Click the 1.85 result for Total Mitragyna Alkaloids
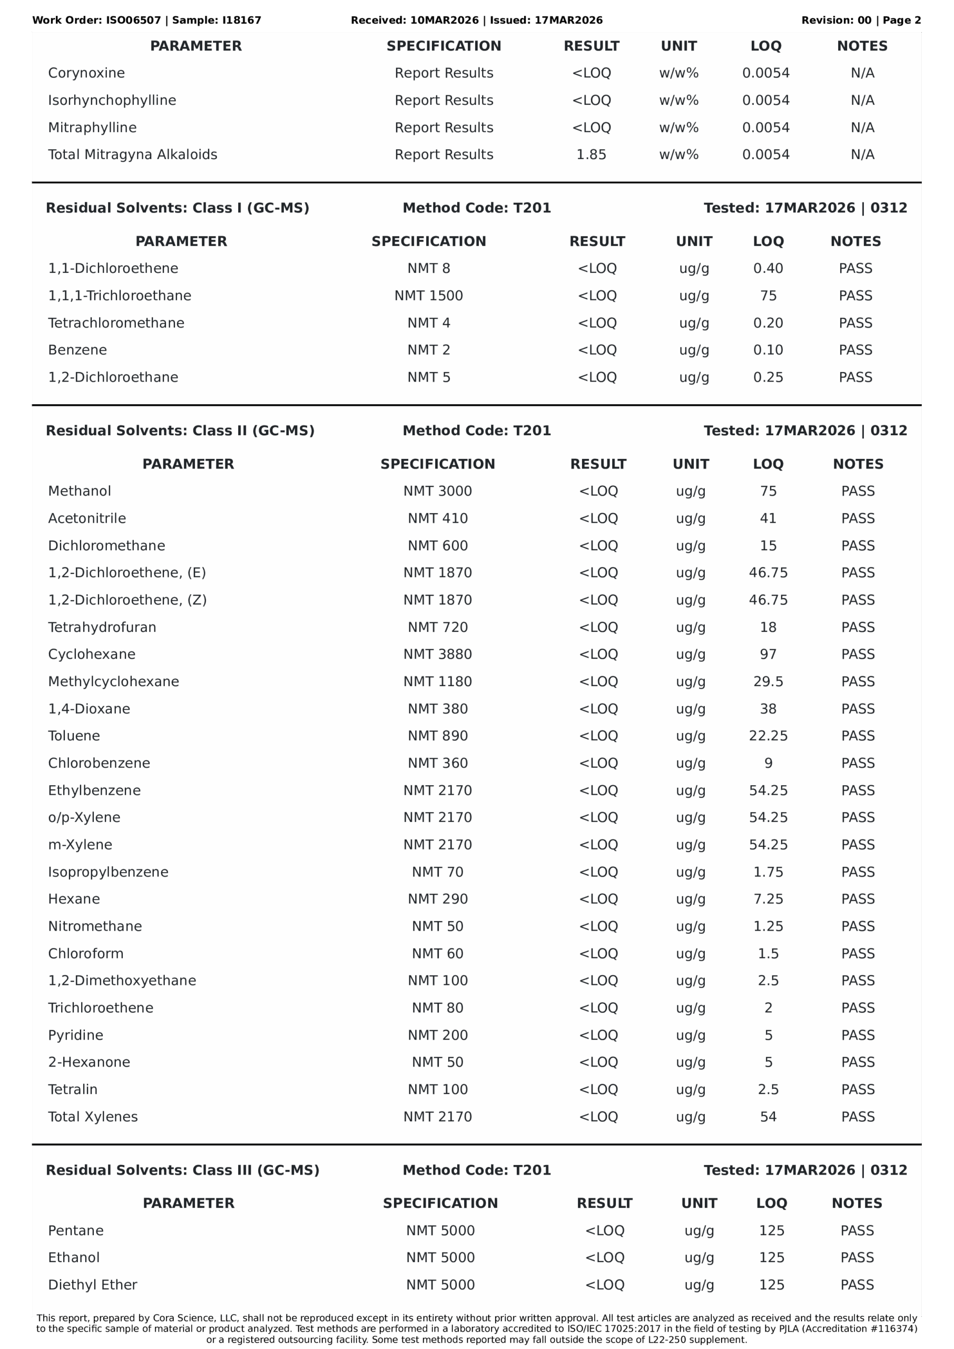pos(591,154)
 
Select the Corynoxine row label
pos(86,73)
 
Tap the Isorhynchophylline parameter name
pos(112,101)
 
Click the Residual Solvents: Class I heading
pos(178,208)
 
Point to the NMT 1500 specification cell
pos(428,296)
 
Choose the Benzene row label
pos(77,350)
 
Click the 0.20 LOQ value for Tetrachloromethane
pos(768,323)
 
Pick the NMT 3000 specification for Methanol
pos(437,491)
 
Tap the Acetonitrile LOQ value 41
pos(768,518)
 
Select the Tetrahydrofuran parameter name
pos(102,628)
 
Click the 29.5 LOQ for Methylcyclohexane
pos(768,681)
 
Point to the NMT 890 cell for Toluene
pos(437,736)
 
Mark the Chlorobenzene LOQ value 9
pos(768,763)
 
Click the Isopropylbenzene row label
pos(108,872)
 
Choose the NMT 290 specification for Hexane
pos(437,899)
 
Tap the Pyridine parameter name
pos(76,1035)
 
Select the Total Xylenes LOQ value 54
pos(768,1117)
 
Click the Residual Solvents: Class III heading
pos(182,1170)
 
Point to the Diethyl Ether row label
pos(93,1285)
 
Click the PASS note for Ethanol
pos(857,1257)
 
